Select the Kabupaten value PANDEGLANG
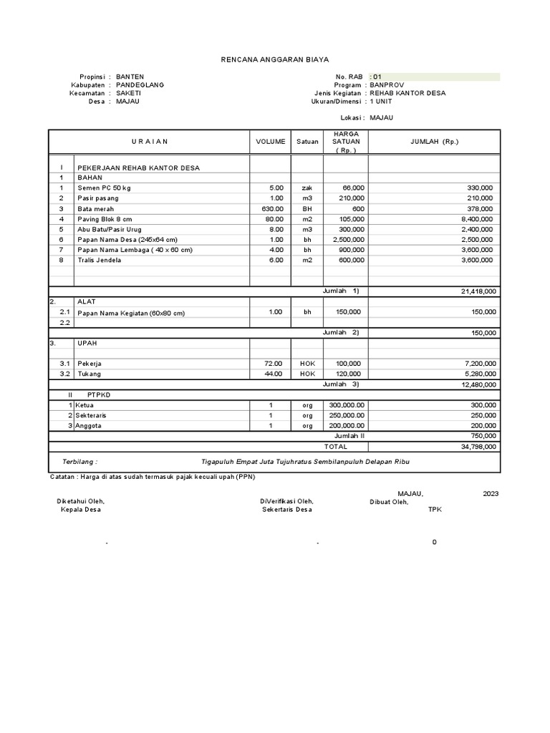[x=140, y=84]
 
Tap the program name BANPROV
[x=387, y=84]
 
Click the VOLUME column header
[x=270, y=142]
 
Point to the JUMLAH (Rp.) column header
[x=434, y=142]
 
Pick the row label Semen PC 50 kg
[x=105, y=188]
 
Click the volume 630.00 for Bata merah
[x=273, y=208]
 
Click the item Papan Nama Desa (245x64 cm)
[x=127, y=240]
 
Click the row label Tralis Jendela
[x=100, y=261]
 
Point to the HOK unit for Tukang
[x=307, y=374]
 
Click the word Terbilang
[x=79, y=462]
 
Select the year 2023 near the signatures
[x=491, y=494]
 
